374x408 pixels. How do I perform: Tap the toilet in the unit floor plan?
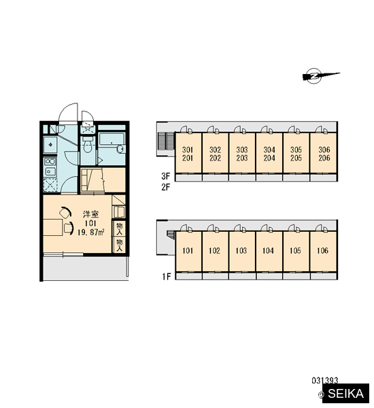tap(87, 145)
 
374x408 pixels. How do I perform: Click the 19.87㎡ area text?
tap(90, 232)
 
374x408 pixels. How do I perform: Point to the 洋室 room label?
tap(90, 214)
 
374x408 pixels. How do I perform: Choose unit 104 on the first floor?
tap(269, 251)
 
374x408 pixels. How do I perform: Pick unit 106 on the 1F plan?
tap(324, 251)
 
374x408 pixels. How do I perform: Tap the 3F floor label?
tap(165, 176)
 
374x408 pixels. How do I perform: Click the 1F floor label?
tap(167, 277)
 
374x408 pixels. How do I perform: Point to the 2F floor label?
tap(165, 187)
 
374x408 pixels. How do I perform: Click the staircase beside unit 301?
tap(166, 141)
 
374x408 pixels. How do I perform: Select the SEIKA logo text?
tap(345, 394)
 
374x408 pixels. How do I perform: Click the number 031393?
tap(325, 381)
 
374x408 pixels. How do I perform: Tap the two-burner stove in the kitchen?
tap(50, 167)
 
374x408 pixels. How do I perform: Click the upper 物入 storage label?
tap(119, 228)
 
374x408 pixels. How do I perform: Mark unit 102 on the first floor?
tap(215, 251)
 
